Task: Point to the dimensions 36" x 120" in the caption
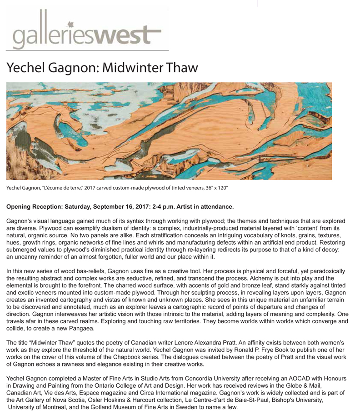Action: [211, 188]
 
